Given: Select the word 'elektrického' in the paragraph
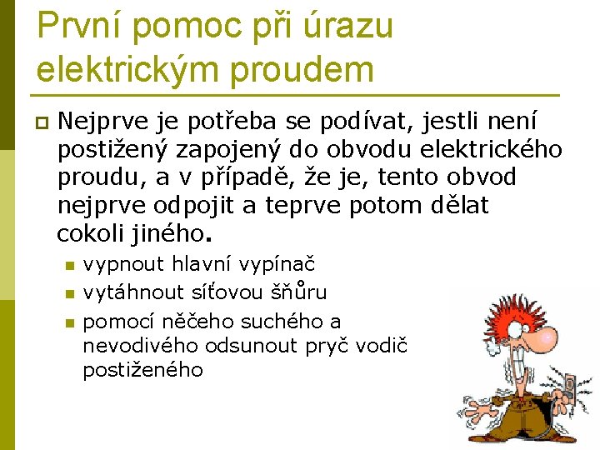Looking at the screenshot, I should [492, 151].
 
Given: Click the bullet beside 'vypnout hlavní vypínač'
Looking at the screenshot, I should [70, 267].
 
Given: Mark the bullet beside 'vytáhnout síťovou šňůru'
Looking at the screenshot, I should [70, 293].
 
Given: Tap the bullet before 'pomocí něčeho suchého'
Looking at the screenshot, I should [70, 322].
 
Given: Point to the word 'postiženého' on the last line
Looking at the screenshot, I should [142, 369].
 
